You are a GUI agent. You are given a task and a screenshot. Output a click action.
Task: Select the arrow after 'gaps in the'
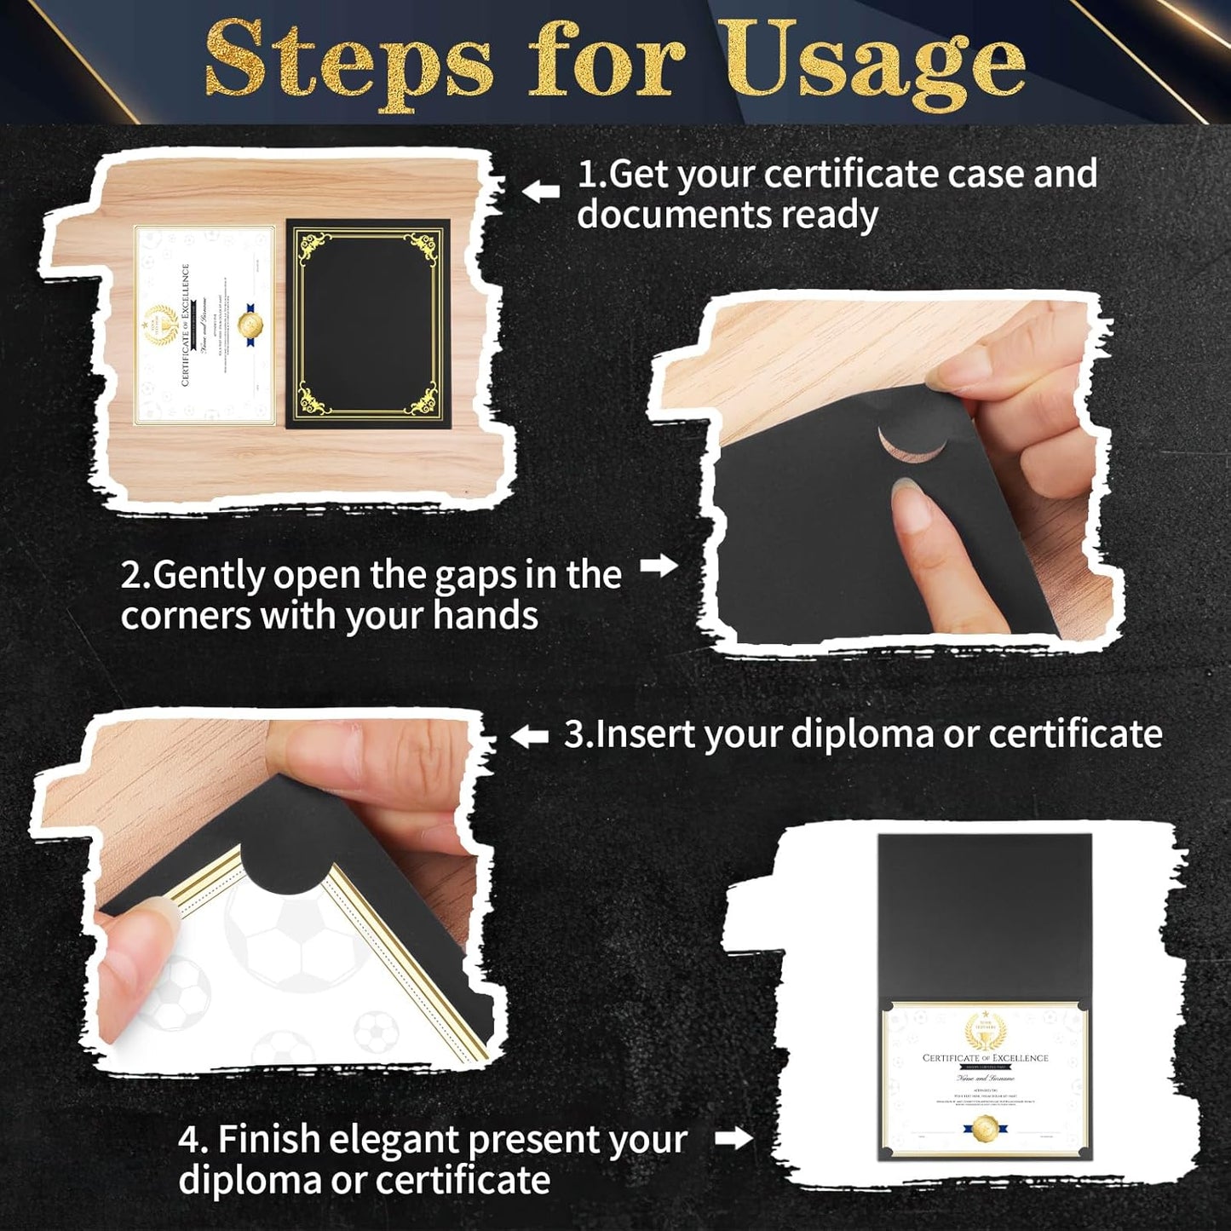tap(658, 566)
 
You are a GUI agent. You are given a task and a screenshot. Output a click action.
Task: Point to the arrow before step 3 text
tap(529, 736)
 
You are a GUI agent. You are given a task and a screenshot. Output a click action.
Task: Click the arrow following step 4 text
tap(733, 1138)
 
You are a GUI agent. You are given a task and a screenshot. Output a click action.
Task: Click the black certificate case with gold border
tap(368, 324)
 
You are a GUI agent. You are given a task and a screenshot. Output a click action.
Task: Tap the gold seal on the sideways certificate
tap(250, 325)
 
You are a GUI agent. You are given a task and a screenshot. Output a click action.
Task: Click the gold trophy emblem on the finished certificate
tap(985, 1033)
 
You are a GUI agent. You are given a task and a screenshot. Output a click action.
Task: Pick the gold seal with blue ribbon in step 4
tap(985, 1128)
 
